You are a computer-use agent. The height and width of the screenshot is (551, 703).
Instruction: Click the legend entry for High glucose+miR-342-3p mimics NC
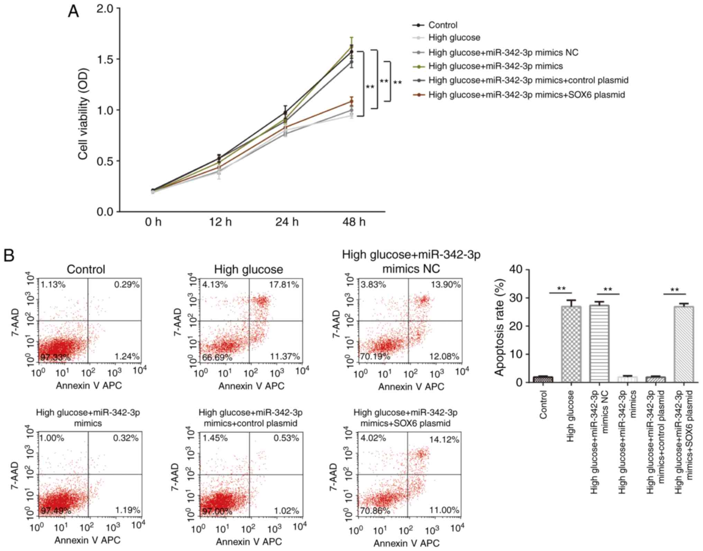click(503, 52)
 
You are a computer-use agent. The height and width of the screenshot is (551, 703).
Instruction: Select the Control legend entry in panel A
click(442, 25)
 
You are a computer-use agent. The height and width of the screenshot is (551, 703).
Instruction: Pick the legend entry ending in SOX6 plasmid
click(526, 94)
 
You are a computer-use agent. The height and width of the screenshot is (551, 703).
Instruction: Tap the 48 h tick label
click(354, 222)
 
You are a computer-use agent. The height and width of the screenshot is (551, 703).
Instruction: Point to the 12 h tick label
click(220, 222)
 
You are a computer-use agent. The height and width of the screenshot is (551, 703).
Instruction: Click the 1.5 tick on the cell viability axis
click(105, 59)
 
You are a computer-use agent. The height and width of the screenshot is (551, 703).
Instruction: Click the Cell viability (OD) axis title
click(83, 114)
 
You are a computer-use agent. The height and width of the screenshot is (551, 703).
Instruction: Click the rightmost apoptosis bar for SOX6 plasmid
click(683, 344)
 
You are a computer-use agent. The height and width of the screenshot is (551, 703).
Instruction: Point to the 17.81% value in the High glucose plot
click(284, 285)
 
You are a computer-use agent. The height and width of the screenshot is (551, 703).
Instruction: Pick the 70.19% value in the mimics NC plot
click(375, 356)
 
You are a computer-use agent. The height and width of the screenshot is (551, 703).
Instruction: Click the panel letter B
click(9, 256)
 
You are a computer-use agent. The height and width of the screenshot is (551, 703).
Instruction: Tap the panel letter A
click(73, 12)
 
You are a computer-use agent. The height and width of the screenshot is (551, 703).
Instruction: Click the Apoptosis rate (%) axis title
click(499, 327)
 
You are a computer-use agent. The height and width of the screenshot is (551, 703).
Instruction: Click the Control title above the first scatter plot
click(86, 269)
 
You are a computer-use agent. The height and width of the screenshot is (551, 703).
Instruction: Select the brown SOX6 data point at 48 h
click(351, 101)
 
